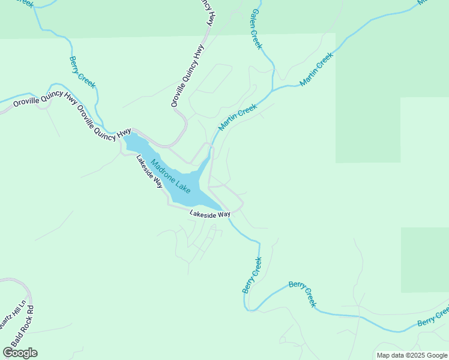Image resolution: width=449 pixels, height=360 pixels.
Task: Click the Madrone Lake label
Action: [171, 176]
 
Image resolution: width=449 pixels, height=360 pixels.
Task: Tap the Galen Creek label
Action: [256, 29]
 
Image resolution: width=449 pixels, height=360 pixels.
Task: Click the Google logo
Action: [20, 353]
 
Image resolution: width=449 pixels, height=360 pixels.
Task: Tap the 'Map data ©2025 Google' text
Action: [412, 355]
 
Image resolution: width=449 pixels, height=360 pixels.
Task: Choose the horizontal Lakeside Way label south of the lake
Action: [210, 214]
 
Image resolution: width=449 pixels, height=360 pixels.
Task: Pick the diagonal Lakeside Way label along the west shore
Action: [149, 172]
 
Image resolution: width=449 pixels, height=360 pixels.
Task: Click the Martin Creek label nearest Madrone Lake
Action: [238, 117]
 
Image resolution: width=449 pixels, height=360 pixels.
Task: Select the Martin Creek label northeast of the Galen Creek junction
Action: [316, 69]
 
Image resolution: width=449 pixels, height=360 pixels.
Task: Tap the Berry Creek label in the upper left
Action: [82, 73]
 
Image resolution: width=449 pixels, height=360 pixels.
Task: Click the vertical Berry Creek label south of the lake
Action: [253, 275]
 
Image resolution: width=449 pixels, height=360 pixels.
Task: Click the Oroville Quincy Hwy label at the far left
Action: [36, 103]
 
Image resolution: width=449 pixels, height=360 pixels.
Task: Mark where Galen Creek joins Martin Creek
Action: [273, 90]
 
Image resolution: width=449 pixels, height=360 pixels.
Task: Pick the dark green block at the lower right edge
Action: [424, 260]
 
